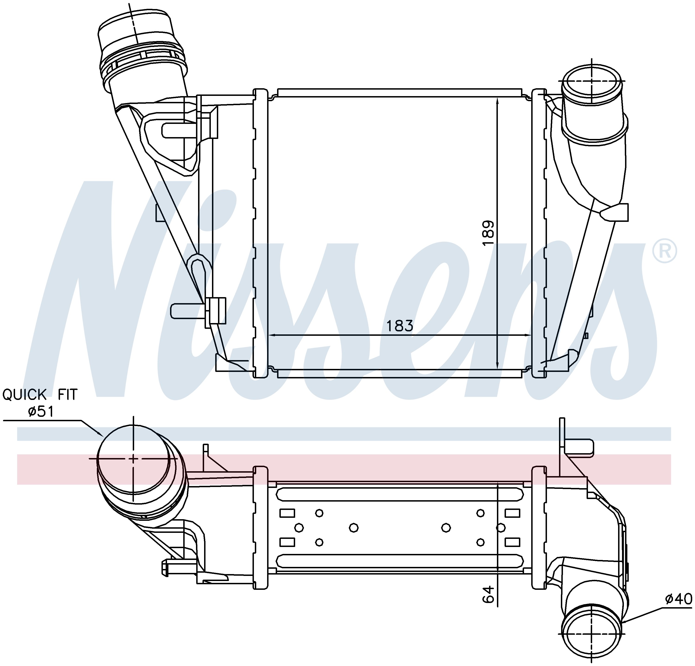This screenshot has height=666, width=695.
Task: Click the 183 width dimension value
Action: tap(400, 325)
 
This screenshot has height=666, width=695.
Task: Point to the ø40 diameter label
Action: tap(678, 599)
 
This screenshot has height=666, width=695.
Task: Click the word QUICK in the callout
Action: tap(25, 395)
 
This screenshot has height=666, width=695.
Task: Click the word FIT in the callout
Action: tap(67, 395)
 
